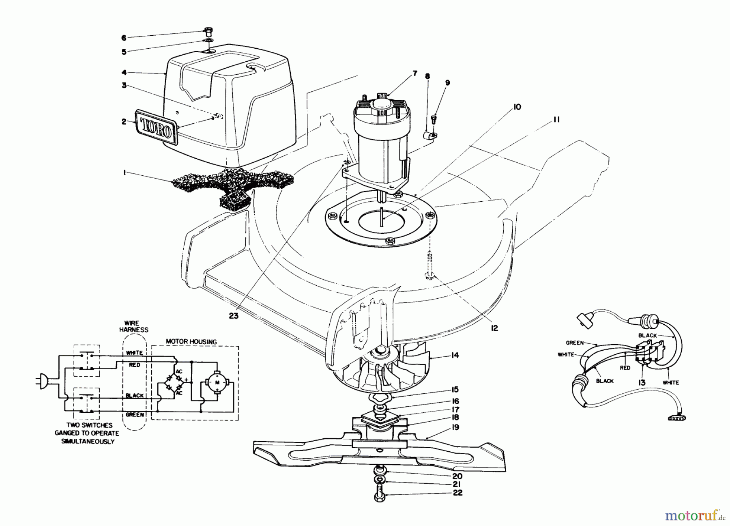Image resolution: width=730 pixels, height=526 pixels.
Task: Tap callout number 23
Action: click(x=233, y=317)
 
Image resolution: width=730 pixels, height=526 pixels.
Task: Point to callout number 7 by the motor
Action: click(x=414, y=73)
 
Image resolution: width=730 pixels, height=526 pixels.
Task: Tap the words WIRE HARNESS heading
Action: click(x=134, y=327)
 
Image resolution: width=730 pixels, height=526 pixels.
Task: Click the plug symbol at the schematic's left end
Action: click(x=44, y=381)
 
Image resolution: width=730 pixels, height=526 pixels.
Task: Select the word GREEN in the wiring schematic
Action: click(x=134, y=415)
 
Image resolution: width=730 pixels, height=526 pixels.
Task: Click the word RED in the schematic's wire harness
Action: click(x=134, y=365)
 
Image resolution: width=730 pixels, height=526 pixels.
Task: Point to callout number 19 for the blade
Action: click(x=455, y=427)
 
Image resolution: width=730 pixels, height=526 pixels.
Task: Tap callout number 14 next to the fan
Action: click(x=455, y=355)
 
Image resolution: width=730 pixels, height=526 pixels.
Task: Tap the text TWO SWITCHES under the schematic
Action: click(x=84, y=425)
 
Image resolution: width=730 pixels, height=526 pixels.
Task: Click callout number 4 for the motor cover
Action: click(x=124, y=73)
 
